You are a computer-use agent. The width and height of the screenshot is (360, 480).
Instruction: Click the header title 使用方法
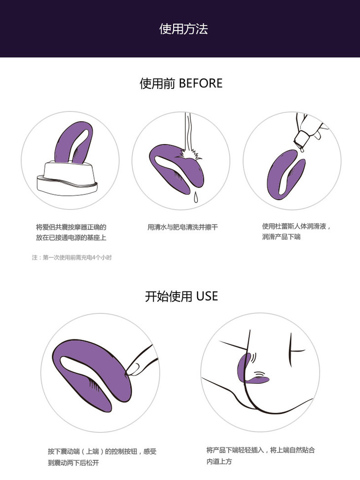(183, 29)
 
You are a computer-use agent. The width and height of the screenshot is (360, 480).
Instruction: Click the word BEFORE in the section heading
(201, 83)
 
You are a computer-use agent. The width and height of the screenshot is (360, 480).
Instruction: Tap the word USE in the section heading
(207, 296)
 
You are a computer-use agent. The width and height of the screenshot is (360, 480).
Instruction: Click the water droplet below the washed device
(196, 197)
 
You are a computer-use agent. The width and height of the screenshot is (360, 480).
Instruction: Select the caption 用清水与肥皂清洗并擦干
(183, 227)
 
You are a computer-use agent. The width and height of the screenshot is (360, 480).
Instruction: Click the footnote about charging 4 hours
(72, 258)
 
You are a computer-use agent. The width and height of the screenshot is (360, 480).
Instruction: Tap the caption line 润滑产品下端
(281, 237)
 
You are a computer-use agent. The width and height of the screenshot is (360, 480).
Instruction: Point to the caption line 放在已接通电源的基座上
(71, 238)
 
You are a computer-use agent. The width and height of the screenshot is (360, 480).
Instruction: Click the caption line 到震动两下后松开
(73, 463)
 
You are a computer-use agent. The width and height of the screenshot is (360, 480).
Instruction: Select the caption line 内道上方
(219, 461)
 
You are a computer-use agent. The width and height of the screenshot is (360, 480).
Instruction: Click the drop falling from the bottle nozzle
(302, 150)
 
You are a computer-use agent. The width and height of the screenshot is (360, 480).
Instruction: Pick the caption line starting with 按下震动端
(102, 451)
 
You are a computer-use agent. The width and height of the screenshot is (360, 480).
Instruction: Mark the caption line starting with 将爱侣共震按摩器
(71, 227)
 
